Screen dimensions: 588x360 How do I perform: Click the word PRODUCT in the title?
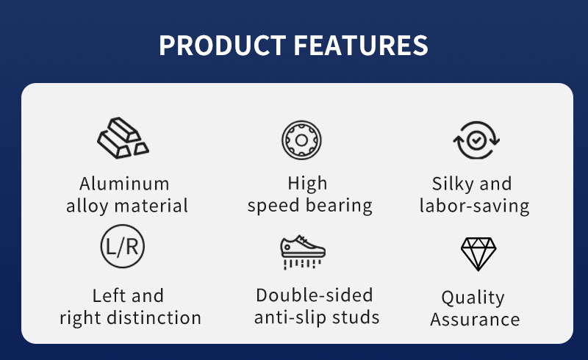[x=223, y=46]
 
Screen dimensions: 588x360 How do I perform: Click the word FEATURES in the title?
[x=361, y=46]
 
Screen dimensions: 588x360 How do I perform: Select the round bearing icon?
[x=301, y=140]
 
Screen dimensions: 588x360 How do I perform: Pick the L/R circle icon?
[x=122, y=246]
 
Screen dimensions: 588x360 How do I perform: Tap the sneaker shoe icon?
[x=303, y=252]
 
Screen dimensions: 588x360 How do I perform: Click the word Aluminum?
[x=124, y=184]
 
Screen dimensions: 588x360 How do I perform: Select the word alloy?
[x=87, y=206]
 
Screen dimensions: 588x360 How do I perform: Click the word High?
[x=307, y=184]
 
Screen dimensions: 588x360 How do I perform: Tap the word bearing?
[x=339, y=206]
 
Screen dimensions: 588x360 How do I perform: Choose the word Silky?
[x=453, y=184]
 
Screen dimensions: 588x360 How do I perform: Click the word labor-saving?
[x=474, y=206]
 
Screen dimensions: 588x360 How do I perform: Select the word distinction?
[x=154, y=317]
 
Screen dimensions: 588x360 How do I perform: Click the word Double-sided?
[x=315, y=295]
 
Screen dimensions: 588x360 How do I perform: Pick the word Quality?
[x=473, y=298]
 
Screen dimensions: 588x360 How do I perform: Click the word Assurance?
[x=475, y=320]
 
